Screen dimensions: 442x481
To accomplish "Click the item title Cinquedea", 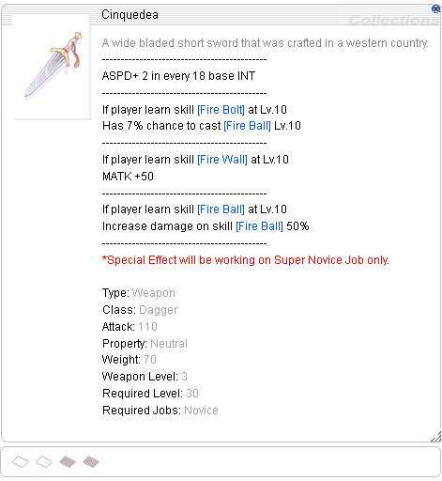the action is (130, 15).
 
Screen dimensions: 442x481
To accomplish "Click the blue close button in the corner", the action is (435, 8).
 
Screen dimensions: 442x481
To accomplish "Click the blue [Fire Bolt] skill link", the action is (221, 110).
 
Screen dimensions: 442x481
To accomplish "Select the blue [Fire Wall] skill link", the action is (222, 160).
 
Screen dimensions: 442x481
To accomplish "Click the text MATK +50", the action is (128, 177).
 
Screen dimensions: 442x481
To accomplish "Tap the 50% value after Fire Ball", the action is (297, 226).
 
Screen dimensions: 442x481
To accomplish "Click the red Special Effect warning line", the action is (246, 260).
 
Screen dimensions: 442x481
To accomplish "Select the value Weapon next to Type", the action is (153, 293).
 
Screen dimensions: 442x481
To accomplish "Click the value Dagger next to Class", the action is (159, 310).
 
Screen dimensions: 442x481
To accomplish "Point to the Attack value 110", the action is (147, 327).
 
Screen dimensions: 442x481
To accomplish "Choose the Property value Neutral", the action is (169, 344).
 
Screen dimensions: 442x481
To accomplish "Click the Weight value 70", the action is (150, 360).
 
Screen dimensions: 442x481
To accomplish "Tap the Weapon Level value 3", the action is (184, 377).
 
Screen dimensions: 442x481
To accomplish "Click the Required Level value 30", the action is (192, 394).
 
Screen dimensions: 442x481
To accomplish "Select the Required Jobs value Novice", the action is (201, 411).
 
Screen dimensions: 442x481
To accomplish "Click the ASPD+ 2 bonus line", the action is (178, 76).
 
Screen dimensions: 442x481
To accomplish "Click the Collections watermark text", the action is (393, 21).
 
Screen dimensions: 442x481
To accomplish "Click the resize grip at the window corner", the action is (435, 437).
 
